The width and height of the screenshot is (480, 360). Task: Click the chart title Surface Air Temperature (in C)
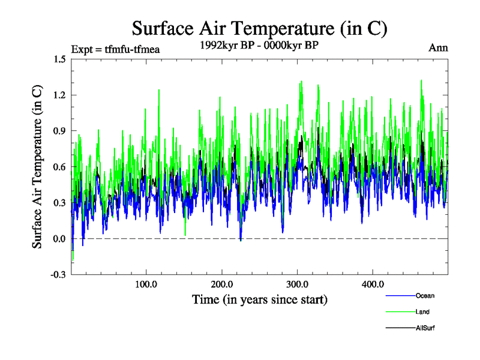[260, 28]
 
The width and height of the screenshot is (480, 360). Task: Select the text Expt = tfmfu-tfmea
[115, 49]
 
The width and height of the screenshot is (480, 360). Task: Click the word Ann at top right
[438, 48]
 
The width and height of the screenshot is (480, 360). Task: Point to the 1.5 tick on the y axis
[59, 59]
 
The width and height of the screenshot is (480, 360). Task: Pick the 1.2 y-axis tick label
[59, 95]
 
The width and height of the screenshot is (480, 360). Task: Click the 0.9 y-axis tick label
[59, 131]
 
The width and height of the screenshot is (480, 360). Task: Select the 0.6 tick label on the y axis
[59, 167]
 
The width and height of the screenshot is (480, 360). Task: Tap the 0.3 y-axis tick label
[59, 203]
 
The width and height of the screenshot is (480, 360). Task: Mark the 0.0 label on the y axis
[59, 239]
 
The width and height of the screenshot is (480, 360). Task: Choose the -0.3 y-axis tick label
[58, 275]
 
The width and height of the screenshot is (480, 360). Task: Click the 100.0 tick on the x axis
[146, 284]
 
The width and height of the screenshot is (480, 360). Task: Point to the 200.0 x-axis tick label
[222, 284]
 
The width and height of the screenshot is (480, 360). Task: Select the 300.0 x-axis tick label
[298, 284]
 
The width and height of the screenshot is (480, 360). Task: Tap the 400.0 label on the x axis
[373, 284]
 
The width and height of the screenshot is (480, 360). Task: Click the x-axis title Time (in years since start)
[260, 299]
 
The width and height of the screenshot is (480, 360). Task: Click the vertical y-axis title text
[37, 167]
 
